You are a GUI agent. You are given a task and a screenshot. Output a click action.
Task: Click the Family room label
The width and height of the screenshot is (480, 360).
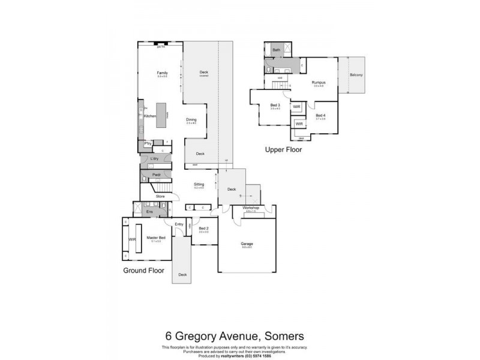(x=162, y=73)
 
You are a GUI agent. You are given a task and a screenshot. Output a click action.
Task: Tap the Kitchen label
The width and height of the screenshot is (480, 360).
(x=150, y=115)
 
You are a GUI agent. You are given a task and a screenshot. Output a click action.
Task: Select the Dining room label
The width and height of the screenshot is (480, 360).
(x=191, y=119)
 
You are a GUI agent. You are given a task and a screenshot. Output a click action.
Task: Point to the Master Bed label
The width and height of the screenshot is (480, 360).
(x=156, y=238)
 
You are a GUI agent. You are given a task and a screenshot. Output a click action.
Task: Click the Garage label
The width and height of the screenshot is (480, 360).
(x=247, y=244)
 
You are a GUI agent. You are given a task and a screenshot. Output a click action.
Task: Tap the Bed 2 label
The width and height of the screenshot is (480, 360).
(x=203, y=228)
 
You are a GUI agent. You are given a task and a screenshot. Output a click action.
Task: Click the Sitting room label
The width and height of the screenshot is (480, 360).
(x=199, y=184)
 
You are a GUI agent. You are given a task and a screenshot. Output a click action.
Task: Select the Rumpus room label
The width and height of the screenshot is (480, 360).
(x=318, y=82)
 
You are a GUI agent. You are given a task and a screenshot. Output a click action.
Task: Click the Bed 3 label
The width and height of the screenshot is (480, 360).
(x=275, y=105)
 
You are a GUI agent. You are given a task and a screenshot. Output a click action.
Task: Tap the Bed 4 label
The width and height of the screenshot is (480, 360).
(x=320, y=115)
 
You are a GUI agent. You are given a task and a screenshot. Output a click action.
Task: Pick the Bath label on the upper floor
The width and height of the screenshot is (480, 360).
(x=276, y=50)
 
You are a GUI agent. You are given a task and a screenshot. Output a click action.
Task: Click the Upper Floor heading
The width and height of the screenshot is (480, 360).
(x=284, y=150)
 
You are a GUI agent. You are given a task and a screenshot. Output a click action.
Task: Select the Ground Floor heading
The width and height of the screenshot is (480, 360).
(x=143, y=271)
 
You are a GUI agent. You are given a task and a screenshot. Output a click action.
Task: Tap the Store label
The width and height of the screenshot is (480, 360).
(x=160, y=196)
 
